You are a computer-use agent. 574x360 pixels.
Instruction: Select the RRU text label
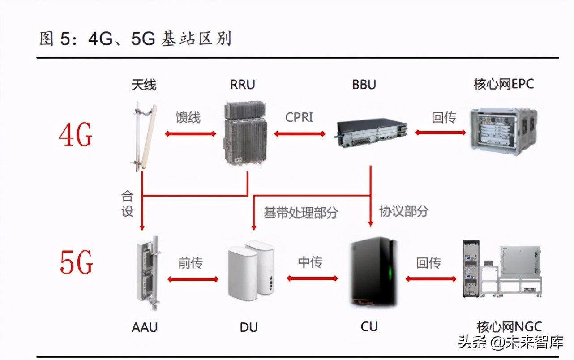click(x=242, y=84)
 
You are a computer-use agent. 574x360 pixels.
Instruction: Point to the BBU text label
click(x=364, y=84)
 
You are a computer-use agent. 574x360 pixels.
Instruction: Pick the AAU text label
click(x=145, y=327)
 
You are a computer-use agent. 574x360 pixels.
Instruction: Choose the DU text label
click(x=248, y=327)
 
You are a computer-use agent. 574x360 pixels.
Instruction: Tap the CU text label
click(x=369, y=326)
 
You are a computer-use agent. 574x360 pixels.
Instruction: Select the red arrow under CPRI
click(x=299, y=133)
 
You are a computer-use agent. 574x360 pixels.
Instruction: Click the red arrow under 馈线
click(x=190, y=133)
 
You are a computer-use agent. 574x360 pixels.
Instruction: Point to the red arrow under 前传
click(x=193, y=279)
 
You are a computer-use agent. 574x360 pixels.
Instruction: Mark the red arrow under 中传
click(x=312, y=279)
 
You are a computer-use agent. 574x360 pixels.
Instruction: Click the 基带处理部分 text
click(x=300, y=213)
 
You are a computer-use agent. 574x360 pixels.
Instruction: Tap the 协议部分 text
click(x=404, y=211)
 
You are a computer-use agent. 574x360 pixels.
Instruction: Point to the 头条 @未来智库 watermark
click(x=510, y=343)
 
